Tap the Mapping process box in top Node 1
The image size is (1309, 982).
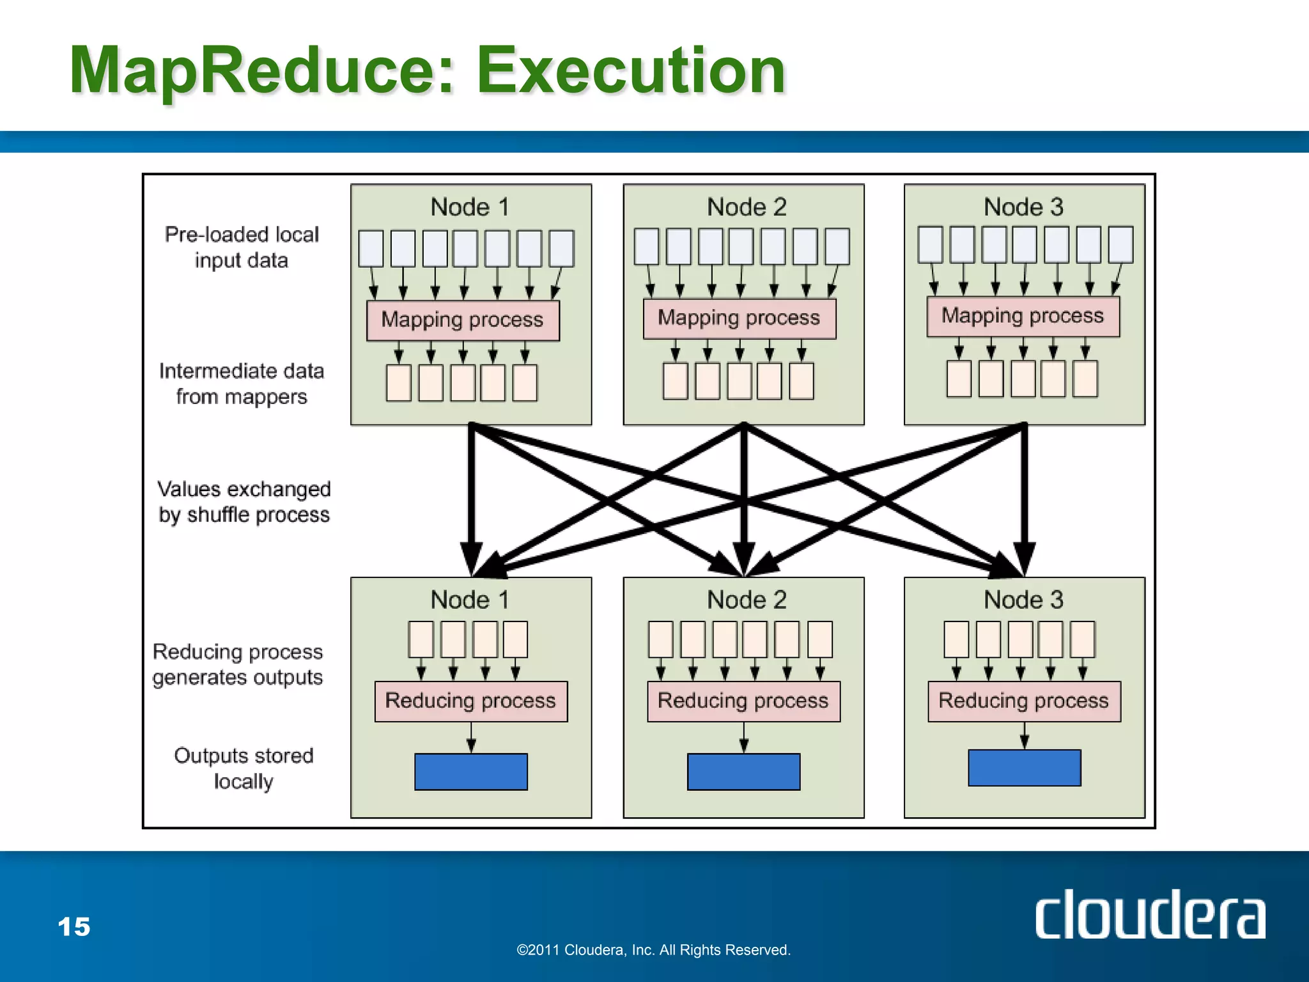coord(463,320)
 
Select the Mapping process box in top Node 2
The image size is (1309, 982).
coord(740,318)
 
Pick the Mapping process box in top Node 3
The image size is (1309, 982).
coord(1023,316)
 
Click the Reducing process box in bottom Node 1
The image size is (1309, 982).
coord(471,701)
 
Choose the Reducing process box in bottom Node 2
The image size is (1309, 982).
coord(743,701)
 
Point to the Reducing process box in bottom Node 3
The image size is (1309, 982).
coord(1024,701)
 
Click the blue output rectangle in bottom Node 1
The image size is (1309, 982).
coord(471,772)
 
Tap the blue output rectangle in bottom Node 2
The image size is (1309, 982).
coord(743,772)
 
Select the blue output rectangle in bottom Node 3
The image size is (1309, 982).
coord(1024,768)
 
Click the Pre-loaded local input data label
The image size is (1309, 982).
coord(242,247)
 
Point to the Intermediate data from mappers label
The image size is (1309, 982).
coord(242,384)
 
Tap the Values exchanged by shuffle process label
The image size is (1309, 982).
coord(244,502)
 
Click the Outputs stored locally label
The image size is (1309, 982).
coord(244,768)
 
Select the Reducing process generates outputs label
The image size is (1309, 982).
coord(238,664)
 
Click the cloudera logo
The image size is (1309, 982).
coord(1150,915)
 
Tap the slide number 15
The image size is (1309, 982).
coord(74,927)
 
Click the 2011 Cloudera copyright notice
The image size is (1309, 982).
coord(653,950)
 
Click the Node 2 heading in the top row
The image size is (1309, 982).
coord(747,207)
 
